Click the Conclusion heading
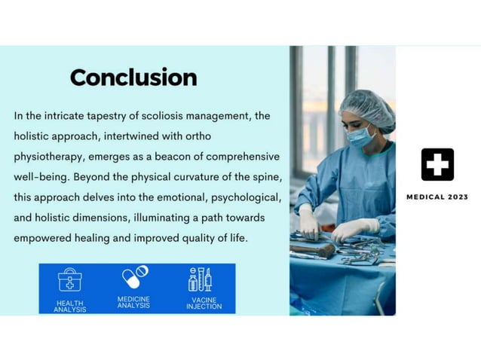[133, 78]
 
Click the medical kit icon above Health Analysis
[70, 280]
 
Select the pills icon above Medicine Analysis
[134, 277]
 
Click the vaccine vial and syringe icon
[200, 279]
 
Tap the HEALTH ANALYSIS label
[70, 306]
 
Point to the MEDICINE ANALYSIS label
[134, 302]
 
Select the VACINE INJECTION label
[204, 303]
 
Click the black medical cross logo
[437, 164]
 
